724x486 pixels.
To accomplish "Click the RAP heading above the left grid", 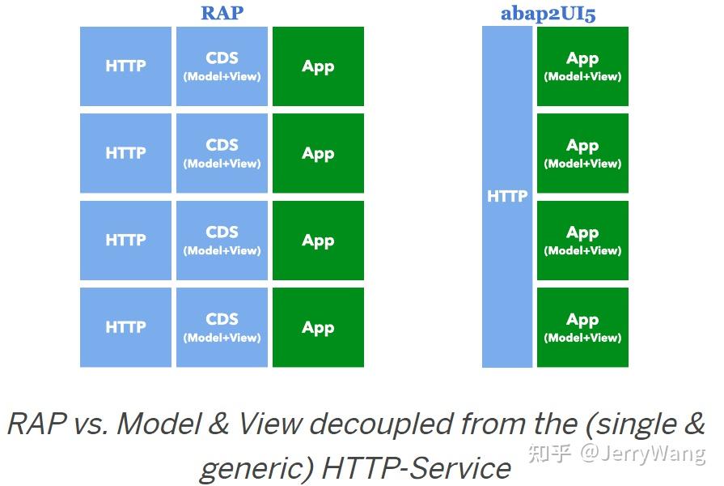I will coord(222,13).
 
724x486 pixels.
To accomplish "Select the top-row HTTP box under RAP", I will coord(125,66).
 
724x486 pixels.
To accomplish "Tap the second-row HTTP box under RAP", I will coord(125,153).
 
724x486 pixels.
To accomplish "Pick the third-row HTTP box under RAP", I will coord(125,241).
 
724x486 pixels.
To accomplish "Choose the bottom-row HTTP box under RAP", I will coord(125,327).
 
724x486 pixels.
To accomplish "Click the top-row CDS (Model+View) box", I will coord(222,66).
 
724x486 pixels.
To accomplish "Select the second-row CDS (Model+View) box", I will coord(222,153).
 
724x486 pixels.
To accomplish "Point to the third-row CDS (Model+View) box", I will coord(222,241).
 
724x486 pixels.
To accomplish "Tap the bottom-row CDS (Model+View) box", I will coord(222,327).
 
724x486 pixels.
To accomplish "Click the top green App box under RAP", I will coord(318,66).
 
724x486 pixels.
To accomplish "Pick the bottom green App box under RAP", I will coord(318,327).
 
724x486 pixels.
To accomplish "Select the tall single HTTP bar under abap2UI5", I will coord(507,197).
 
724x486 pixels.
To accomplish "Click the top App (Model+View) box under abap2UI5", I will coord(582,66).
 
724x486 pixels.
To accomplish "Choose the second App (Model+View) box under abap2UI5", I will coord(582,153).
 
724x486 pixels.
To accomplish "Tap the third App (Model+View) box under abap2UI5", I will coord(582,241).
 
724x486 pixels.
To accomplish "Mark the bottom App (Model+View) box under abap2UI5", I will coord(582,327).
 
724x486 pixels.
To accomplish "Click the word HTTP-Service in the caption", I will coord(417,467).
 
